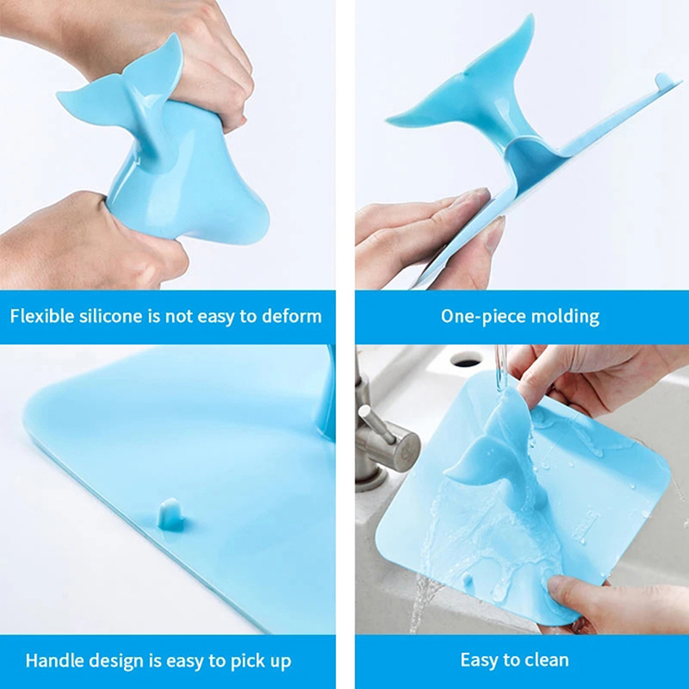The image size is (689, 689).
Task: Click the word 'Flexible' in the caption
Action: coord(41,316)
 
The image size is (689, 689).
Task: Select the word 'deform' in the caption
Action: coord(292,316)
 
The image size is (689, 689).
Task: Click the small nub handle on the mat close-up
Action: coord(171,514)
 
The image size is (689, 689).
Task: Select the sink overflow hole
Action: coord(466,361)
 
